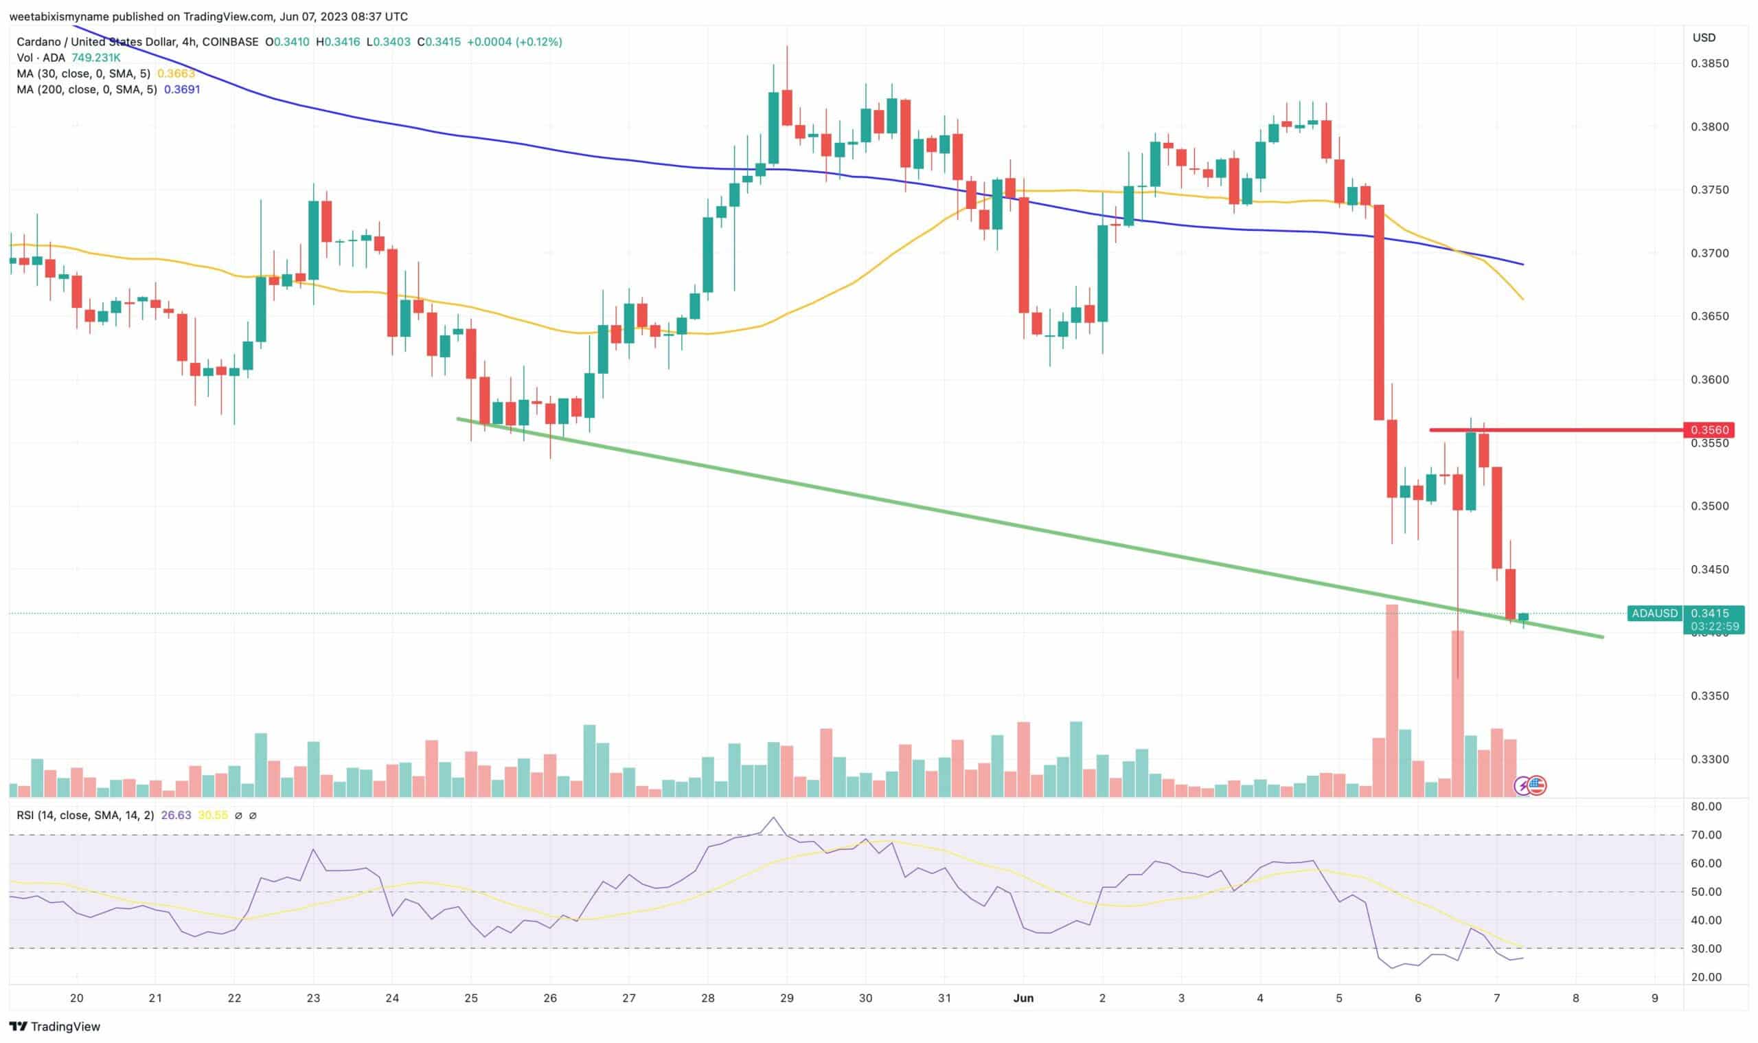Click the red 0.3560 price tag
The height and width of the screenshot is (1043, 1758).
1708,429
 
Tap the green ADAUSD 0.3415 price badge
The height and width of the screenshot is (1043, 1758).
1686,614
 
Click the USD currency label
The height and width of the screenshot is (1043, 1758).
1704,38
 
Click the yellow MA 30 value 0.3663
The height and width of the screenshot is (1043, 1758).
176,74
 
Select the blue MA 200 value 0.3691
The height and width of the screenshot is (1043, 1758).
182,89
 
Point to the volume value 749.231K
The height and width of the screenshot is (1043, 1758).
96,58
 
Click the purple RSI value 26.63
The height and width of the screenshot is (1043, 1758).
176,816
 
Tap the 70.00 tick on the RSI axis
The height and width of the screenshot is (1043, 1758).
1706,835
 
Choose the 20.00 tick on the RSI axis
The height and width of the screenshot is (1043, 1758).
1706,977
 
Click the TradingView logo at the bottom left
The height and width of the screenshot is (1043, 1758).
55,1027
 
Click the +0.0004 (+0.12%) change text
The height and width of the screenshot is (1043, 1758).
515,42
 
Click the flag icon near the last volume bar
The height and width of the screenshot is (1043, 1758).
1537,786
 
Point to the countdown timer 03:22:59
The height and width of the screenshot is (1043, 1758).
1715,626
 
